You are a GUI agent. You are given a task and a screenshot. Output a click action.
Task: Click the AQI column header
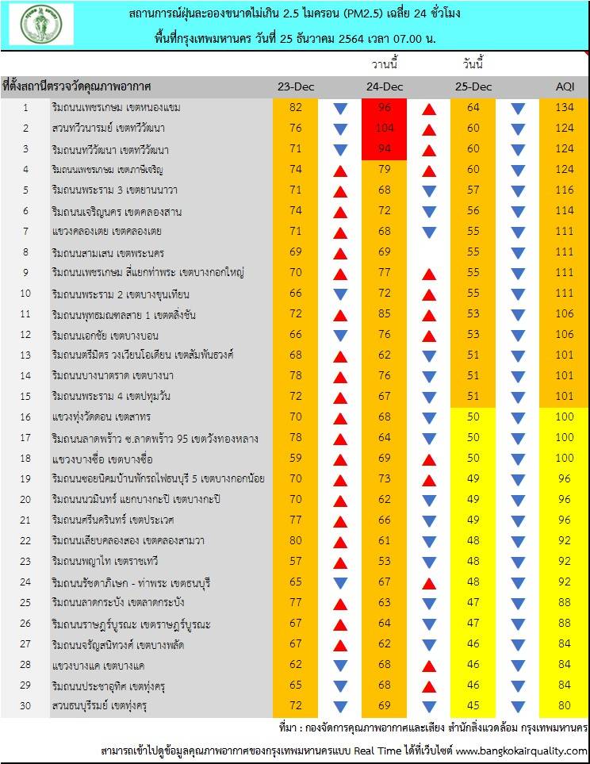565,86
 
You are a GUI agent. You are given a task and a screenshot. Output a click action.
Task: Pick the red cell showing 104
386,129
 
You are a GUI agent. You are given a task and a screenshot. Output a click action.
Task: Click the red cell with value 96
386,108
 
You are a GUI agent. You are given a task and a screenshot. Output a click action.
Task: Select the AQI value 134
565,108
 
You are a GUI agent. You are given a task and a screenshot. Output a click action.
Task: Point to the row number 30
25,705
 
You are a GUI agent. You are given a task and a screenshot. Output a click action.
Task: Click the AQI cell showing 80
565,705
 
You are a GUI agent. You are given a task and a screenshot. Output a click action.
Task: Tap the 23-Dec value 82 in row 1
296,108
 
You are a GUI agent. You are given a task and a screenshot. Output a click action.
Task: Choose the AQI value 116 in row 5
565,190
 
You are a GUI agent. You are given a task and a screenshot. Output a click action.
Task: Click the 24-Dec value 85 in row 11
386,314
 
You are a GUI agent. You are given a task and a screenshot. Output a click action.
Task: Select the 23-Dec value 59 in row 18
296,459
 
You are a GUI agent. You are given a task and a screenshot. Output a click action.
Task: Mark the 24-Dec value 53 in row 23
386,562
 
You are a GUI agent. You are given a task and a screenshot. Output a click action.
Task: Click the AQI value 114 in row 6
565,211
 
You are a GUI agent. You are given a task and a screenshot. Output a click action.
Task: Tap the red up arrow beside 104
429,129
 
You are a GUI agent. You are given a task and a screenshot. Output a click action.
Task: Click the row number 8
25,252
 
